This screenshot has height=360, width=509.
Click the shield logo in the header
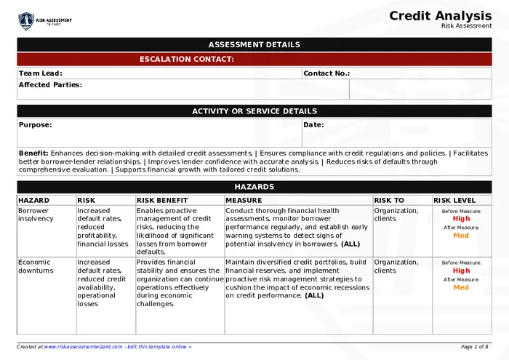pyautogui.click(x=26, y=20)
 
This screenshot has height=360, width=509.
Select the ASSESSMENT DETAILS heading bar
pyautogui.click(x=254, y=44)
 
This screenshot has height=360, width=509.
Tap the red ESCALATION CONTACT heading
pyautogui.click(x=187, y=59)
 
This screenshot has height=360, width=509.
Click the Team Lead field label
pyautogui.click(x=41, y=73)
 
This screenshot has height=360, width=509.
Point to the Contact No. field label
pyautogui.click(x=326, y=73)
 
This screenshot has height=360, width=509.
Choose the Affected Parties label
pyautogui.click(x=50, y=84)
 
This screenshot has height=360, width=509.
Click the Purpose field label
pyautogui.click(x=35, y=124)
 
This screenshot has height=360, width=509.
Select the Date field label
pyautogui.click(x=313, y=124)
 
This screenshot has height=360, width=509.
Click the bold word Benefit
pyautogui.click(x=33, y=153)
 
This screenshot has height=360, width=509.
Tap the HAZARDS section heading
pyautogui.click(x=254, y=187)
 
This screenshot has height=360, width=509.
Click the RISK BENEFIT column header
pyautogui.click(x=162, y=200)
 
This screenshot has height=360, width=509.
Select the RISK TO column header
pyautogui.click(x=389, y=200)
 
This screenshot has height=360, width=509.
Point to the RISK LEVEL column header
pyautogui.click(x=455, y=200)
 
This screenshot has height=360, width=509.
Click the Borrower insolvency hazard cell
pyautogui.click(x=36, y=215)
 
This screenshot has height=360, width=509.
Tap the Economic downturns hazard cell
pyautogui.click(x=36, y=266)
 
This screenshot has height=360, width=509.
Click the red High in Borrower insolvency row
pyautogui.click(x=461, y=218)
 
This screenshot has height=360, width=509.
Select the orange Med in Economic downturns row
pyautogui.click(x=461, y=287)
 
